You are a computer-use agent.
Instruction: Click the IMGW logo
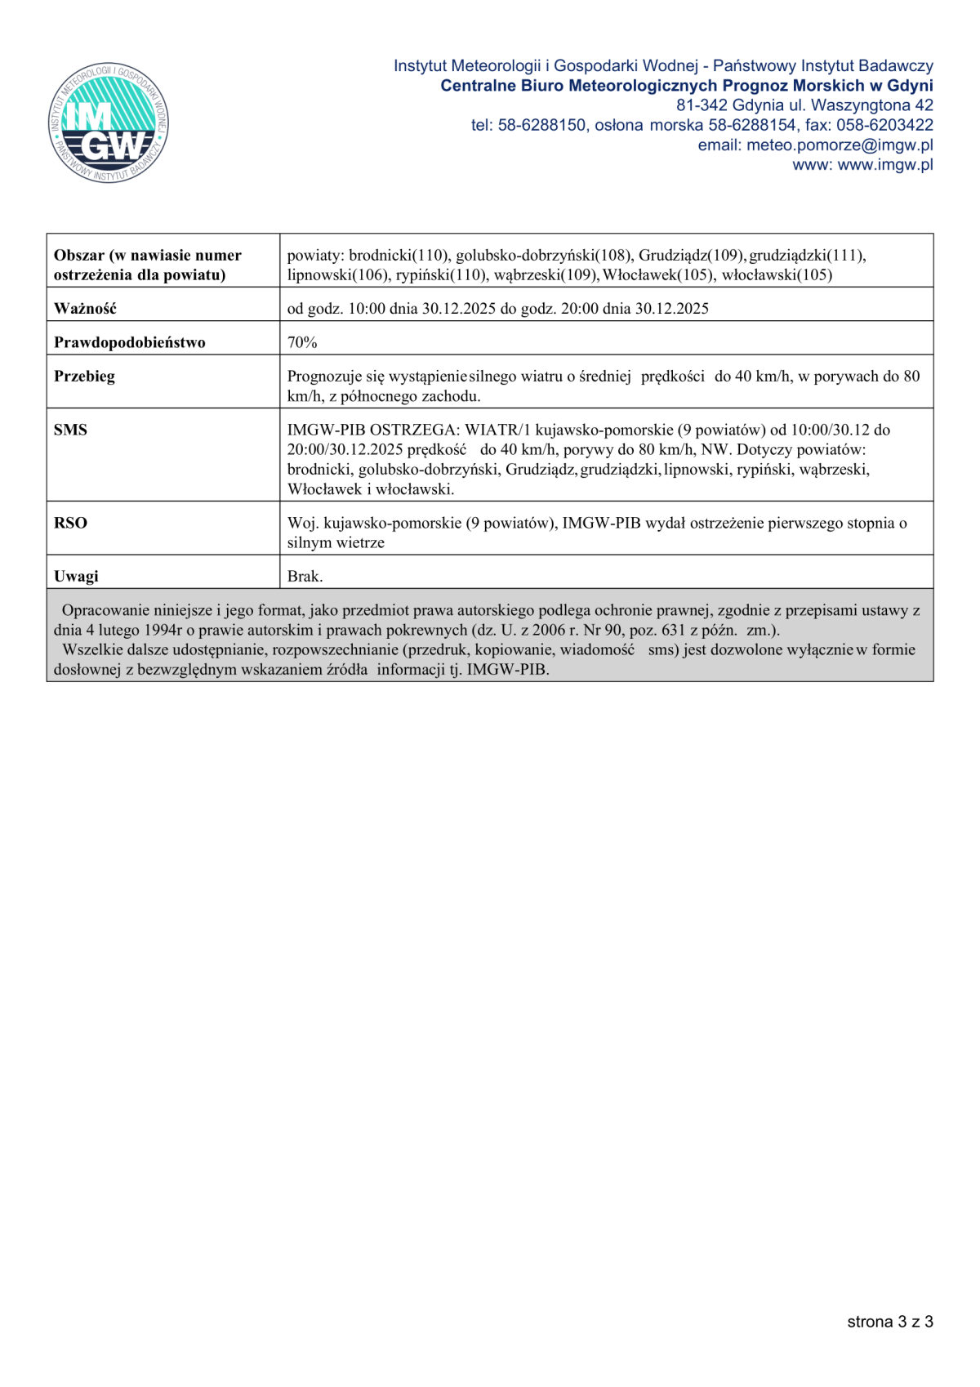pos(109,123)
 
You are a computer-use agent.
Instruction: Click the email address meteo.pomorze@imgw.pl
pos(840,145)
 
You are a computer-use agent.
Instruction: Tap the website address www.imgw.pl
pos(885,165)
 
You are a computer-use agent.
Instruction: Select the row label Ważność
pos(85,309)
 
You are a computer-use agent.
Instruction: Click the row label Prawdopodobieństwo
pos(129,342)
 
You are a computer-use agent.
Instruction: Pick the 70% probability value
pos(302,342)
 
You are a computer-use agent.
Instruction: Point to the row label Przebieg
pos(84,377)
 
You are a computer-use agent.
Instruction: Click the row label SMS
pos(70,430)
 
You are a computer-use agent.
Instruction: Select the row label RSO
pos(70,523)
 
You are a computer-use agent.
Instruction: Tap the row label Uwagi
pos(76,576)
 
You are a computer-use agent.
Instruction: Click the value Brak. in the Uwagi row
pos(305,576)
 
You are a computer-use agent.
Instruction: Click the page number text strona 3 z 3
pos(890,1322)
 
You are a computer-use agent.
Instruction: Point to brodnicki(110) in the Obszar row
pos(399,256)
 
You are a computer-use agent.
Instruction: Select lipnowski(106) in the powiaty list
pos(338,275)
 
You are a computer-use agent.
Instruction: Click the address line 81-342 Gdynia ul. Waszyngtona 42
pos(804,105)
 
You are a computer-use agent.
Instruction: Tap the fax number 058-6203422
pos(884,125)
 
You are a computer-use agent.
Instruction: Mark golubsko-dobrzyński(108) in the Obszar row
pos(543,256)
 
